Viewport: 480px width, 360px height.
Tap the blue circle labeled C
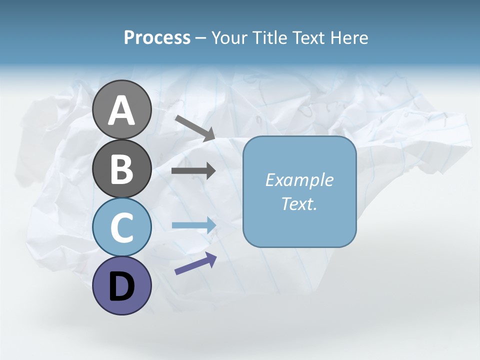pyautogui.click(x=121, y=227)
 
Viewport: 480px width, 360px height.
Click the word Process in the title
pyautogui.click(x=157, y=37)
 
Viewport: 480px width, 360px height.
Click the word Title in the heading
pyautogui.click(x=270, y=37)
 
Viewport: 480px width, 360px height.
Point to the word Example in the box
pyautogui.click(x=299, y=180)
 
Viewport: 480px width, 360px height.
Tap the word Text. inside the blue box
pyautogui.click(x=299, y=203)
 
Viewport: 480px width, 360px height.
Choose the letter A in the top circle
pyautogui.click(x=121, y=110)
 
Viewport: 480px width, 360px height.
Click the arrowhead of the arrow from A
pyautogui.click(x=209, y=134)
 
